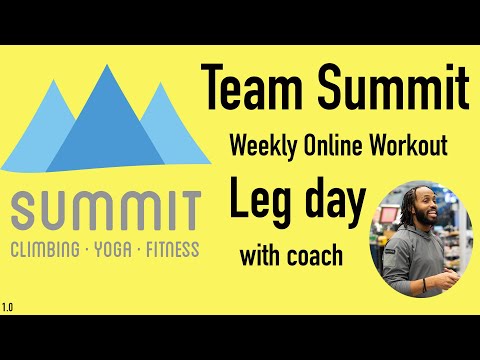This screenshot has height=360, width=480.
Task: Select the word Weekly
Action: tap(263, 147)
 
